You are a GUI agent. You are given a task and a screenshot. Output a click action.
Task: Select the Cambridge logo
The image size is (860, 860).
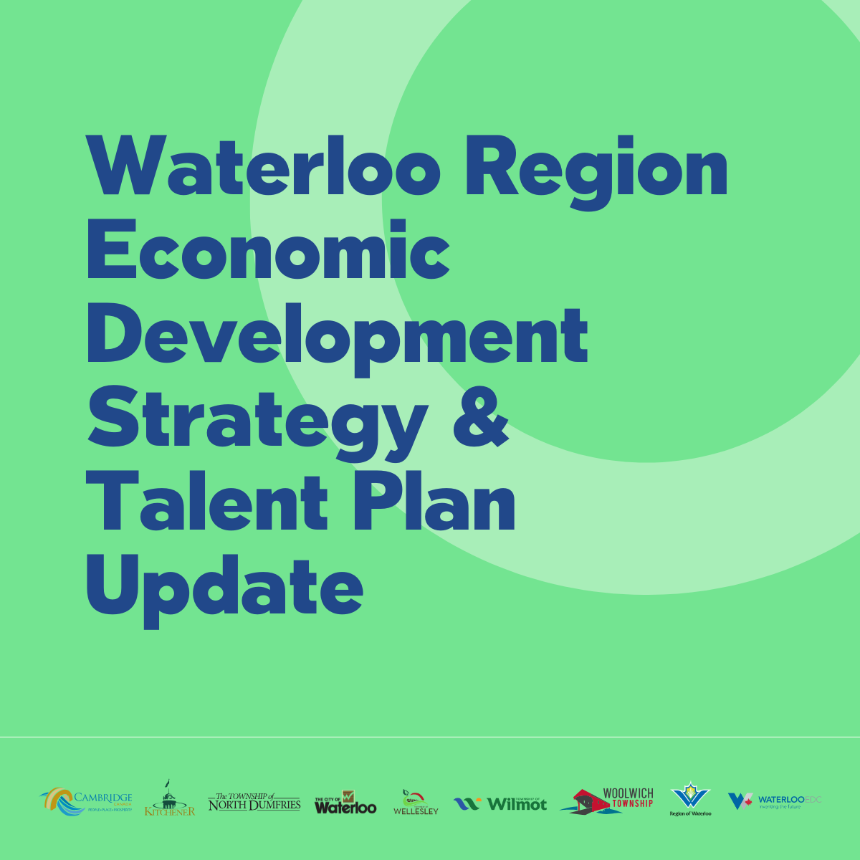[86, 801]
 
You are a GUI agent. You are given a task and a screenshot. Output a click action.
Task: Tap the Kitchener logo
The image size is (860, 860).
[169, 799]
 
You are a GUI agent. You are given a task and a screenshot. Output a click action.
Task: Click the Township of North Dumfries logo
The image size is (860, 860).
[254, 802]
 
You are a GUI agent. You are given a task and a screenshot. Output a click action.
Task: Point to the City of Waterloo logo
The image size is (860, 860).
[345, 803]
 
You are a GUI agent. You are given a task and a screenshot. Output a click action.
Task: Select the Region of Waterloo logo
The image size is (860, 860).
[690, 799]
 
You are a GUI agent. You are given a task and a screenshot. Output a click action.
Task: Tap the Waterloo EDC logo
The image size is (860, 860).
[775, 801]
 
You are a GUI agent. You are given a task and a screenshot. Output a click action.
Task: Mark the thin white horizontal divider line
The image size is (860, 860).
[430, 737]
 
